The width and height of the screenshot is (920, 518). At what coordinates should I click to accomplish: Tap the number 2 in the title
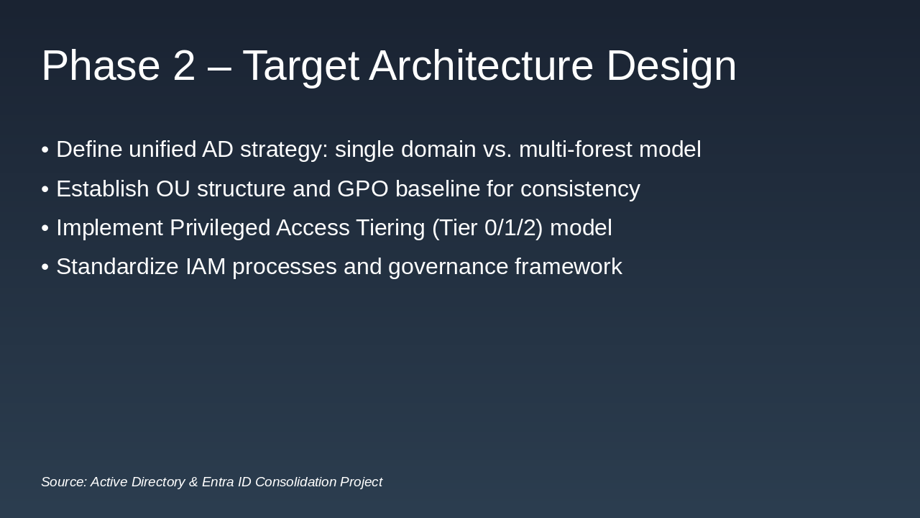pos(184,65)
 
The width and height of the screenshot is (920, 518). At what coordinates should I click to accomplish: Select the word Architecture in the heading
pos(481,65)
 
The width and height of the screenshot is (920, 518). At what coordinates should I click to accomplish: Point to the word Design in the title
pos(671,65)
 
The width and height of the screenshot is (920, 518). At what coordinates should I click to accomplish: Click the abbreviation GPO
pos(362,189)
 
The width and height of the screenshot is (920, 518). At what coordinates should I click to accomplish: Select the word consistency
pos(580,189)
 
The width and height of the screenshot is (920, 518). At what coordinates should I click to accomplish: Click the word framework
pos(568,267)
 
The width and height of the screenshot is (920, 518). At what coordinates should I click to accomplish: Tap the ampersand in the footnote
pos(193,482)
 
